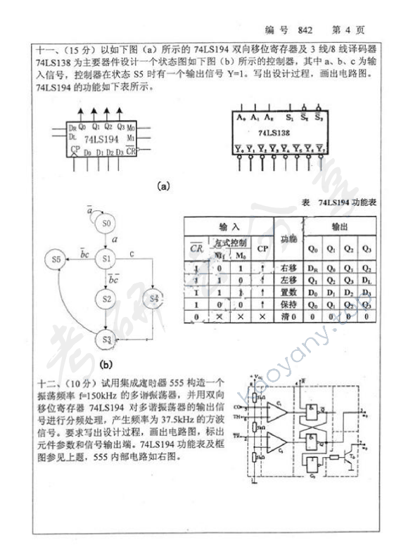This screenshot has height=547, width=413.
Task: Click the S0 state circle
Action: coord(107,224)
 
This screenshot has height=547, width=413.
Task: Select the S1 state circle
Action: coord(107,259)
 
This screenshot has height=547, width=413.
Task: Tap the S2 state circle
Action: coord(107,299)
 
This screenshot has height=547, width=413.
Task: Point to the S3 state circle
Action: coord(107,340)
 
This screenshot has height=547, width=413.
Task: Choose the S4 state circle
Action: coord(154,300)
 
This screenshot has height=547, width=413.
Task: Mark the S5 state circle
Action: coord(56,259)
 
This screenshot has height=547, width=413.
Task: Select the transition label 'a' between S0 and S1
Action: coord(114,240)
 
